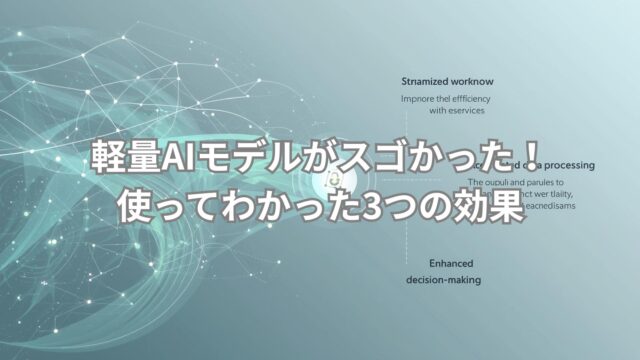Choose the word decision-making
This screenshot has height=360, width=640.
tap(443, 279)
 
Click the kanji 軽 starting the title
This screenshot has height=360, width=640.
tap(103, 160)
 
